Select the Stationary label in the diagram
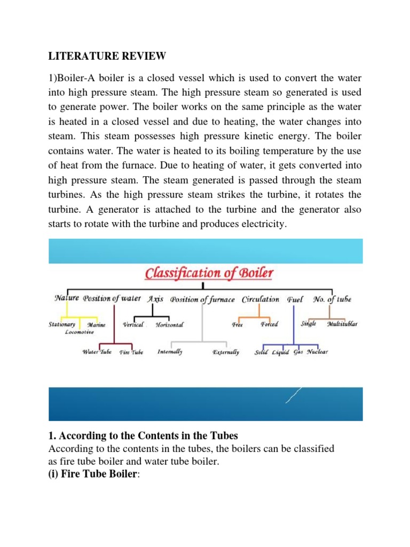pos(62,324)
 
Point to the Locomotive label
pos(80,332)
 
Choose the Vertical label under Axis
pos(133,325)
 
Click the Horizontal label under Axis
pos(169,325)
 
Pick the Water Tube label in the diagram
pos(97,353)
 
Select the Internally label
pos(170,352)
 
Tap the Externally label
pos(226,353)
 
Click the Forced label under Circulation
pos(269,324)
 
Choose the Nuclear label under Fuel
pos(317,352)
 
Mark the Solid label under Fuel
pos(262,353)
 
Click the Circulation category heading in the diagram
pos(261,300)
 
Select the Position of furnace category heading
pos(202,300)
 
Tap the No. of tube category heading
pos(332,300)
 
